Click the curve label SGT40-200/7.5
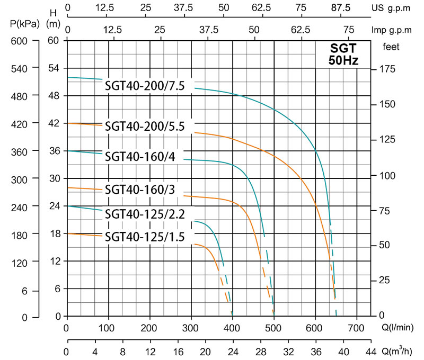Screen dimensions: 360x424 click(145, 86)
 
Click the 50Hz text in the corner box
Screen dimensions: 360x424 click(343, 60)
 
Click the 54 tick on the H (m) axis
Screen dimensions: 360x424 click(53, 68)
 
